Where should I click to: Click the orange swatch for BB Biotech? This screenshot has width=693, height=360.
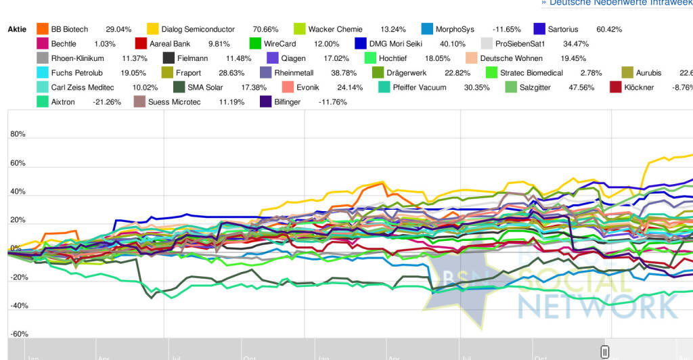coord(43,29)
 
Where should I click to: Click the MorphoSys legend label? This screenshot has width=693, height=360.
coord(455,29)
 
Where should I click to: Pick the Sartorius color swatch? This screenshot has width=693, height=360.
coord(539,29)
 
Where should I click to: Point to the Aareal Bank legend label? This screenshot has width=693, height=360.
coord(169,43)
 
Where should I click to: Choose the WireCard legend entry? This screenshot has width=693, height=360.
coord(280,43)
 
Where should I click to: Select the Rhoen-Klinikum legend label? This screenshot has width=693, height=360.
coord(77,58)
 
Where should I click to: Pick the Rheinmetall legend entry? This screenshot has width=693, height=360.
coord(297,72)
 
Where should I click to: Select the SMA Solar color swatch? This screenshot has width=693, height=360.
coord(179,87)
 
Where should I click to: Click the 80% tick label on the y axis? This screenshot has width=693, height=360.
coord(18,134)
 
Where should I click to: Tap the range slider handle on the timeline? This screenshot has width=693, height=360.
coord(605,351)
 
